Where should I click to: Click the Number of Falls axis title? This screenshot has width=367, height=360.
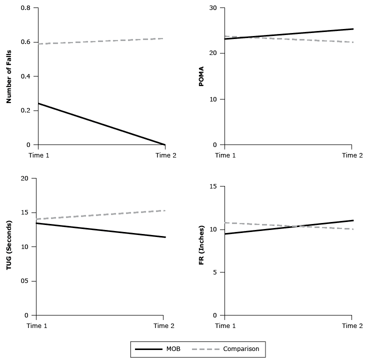9,76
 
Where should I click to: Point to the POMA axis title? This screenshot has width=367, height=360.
201,76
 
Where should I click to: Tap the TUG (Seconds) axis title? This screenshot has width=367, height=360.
9,246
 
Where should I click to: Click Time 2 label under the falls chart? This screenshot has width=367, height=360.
166,155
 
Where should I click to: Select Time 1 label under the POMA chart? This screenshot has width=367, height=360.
225,155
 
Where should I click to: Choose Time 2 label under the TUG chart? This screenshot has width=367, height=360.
164,325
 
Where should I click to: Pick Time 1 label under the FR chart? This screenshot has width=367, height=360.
225,325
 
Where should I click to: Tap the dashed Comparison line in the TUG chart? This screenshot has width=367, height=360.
100,215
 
